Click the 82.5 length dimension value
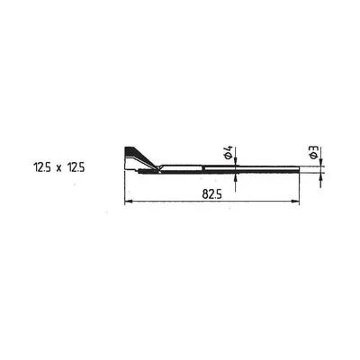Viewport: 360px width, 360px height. pyautogui.click(x=211, y=194)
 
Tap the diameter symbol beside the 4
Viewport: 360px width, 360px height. pyautogui.click(x=229, y=156)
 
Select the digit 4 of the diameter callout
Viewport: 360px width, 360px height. pyautogui.click(x=229, y=148)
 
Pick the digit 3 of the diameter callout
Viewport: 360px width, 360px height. pyautogui.click(x=314, y=148)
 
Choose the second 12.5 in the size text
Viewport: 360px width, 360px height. pyautogui.click(x=76, y=167)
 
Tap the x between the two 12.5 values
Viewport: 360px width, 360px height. pyautogui.click(x=58, y=168)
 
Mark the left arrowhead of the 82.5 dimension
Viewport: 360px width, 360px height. pyautogui.click(x=128, y=202)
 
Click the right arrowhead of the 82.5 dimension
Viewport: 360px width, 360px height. pyautogui.click(x=295, y=202)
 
